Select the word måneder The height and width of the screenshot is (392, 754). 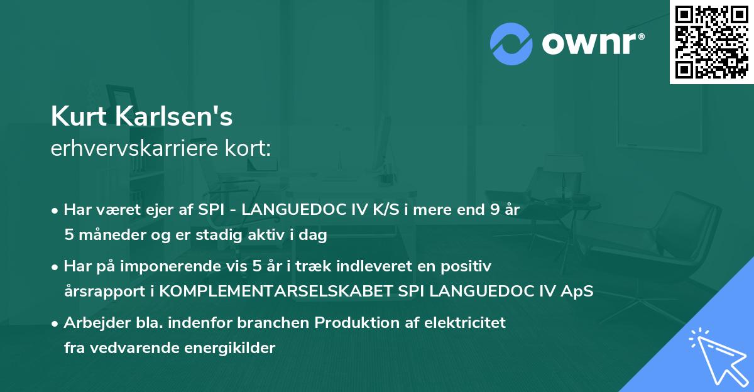pyautogui.click(x=107, y=235)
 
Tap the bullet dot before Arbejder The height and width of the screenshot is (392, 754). pyautogui.click(x=56, y=324)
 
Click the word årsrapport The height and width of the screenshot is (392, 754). pyautogui.click(x=102, y=291)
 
